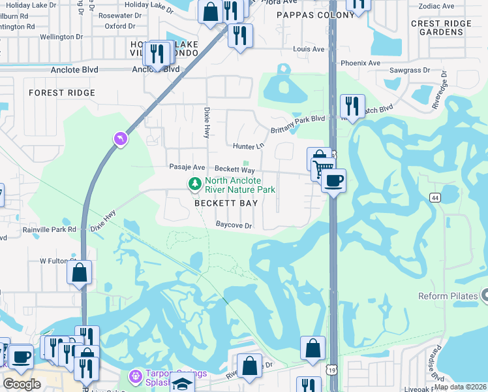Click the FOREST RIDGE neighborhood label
tap(63, 93)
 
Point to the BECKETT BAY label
tap(226, 203)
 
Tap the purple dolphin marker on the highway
tap(120, 139)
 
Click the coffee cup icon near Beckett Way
tap(333, 180)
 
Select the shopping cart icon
tap(322, 169)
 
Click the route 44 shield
tap(435, 197)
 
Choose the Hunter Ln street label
tap(247, 146)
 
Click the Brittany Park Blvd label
tap(298, 119)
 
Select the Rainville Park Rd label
tap(49, 229)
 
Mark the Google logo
tap(22, 384)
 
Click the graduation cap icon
tap(183, 385)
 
